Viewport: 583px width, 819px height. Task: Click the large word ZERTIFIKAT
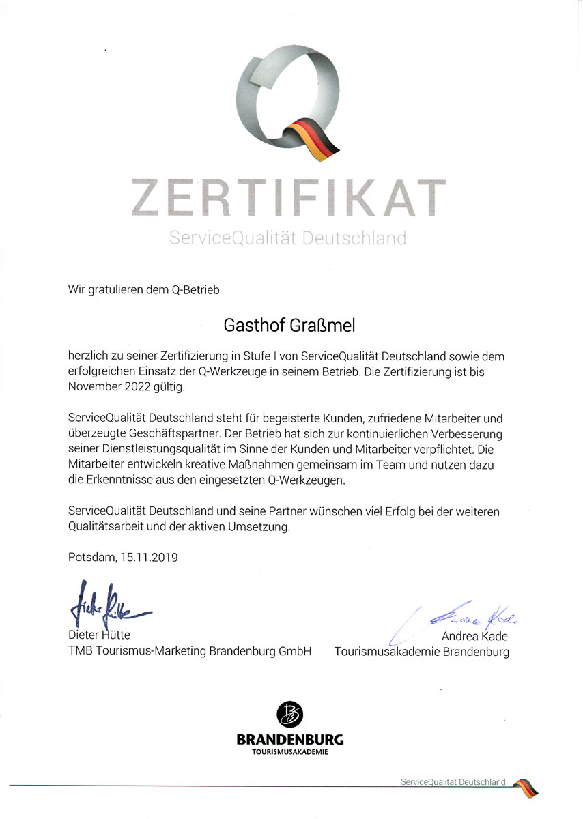pyautogui.click(x=288, y=197)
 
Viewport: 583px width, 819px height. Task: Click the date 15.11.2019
pyautogui.click(x=149, y=557)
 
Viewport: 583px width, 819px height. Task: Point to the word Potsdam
pyautogui.click(x=91, y=557)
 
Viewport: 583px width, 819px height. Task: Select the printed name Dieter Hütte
pyautogui.click(x=99, y=636)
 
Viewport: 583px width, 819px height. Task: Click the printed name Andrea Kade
pyautogui.click(x=475, y=637)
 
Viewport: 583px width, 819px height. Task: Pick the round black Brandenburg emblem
pyautogui.click(x=289, y=715)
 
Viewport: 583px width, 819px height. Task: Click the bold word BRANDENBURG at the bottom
pyautogui.click(x=289, y=740)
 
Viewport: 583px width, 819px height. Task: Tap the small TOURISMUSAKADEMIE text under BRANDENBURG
pyautogui.click(x=289, y=752)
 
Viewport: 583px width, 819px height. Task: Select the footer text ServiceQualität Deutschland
pyautogui.click(x=453, y=781)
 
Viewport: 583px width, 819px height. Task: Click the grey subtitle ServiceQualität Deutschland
pyautogui.click(x=287, y=238)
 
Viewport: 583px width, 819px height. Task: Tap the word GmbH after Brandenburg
pyautogui.click(x=295, y=651)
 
